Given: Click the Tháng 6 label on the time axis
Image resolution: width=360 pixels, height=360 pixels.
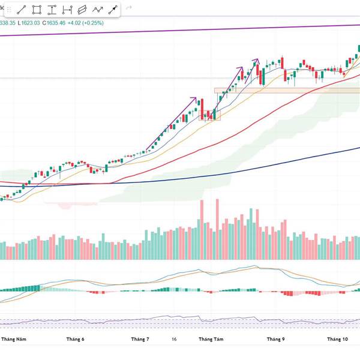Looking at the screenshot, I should coord(74,340).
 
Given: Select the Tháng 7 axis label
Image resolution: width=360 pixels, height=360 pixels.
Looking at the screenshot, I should coord(140,340).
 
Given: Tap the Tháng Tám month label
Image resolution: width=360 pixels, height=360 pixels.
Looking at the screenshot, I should coord(211,340).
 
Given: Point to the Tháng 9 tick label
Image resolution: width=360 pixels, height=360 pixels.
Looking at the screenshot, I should coord(275,340).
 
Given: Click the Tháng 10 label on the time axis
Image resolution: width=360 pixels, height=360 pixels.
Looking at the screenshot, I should coord(337,340).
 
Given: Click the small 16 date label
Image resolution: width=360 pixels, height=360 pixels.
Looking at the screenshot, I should coord(173,340).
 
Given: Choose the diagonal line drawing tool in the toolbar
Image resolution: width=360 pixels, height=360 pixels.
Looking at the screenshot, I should coord(22,10).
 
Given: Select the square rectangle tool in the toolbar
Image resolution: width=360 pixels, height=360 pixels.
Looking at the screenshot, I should coord(37,10).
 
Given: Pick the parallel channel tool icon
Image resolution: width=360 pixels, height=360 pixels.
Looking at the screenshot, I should coord(82,10).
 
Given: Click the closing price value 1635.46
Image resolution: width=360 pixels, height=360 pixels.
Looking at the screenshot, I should coord(52,23).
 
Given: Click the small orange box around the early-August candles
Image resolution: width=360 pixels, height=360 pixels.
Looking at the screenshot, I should coord(210,115).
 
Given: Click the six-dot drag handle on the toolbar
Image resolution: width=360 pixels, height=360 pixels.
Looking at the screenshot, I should coord(8,10).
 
